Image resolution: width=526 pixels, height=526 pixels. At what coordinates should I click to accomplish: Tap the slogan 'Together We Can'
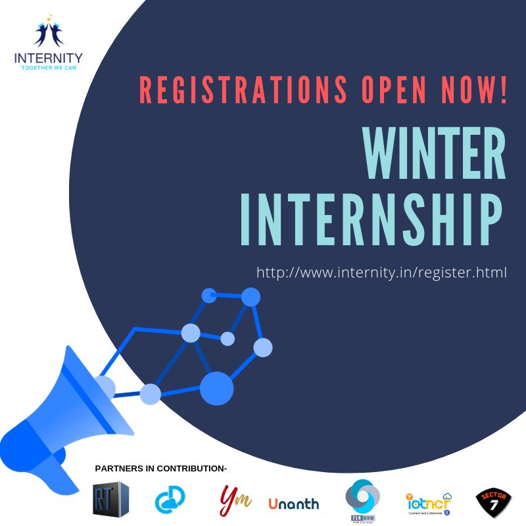pos(48,67)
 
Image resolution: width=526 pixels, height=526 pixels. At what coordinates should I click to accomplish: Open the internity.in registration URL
pos(381,272)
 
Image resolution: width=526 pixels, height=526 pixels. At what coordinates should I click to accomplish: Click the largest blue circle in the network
pos(216,388)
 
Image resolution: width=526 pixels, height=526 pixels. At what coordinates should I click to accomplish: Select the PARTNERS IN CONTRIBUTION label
pos(160,469)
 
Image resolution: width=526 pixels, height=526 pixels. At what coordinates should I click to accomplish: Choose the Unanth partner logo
pos(293,504)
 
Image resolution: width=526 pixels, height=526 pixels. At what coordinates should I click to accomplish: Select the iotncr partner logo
pos(428,503)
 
